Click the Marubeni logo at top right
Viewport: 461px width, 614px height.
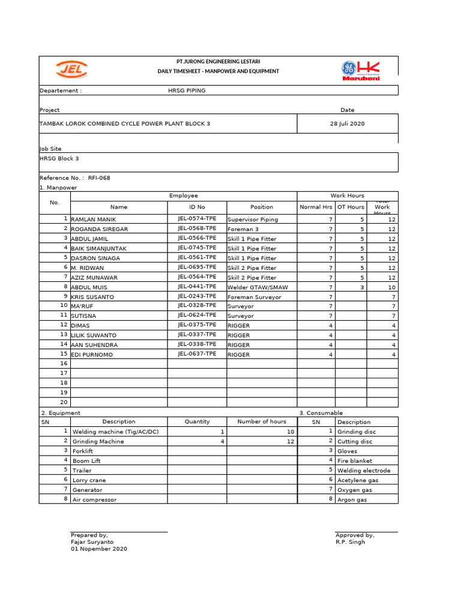[361, 70]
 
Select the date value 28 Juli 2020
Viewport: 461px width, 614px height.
[347, 124]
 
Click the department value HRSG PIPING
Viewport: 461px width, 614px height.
[187, 91]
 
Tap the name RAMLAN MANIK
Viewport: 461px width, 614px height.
[94, 219]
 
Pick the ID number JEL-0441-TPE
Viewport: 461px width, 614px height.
[197, 287]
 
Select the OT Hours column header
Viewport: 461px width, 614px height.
[350, 207]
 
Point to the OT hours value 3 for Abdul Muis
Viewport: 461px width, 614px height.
[362, 287]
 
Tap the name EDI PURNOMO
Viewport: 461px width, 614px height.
[92, 355]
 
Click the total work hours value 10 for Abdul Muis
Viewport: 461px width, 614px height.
[391, 287]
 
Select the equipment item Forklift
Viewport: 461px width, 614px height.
[83, 452]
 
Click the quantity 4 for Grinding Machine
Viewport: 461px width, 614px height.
[221, 441]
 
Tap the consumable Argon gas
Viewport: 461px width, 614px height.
[353, 499]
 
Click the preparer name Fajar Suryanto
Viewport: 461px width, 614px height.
[92, 541]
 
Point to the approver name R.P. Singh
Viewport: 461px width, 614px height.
[350, 542]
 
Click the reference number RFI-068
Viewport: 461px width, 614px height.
[99, 178]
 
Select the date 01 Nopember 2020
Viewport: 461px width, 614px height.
[99, 549]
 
